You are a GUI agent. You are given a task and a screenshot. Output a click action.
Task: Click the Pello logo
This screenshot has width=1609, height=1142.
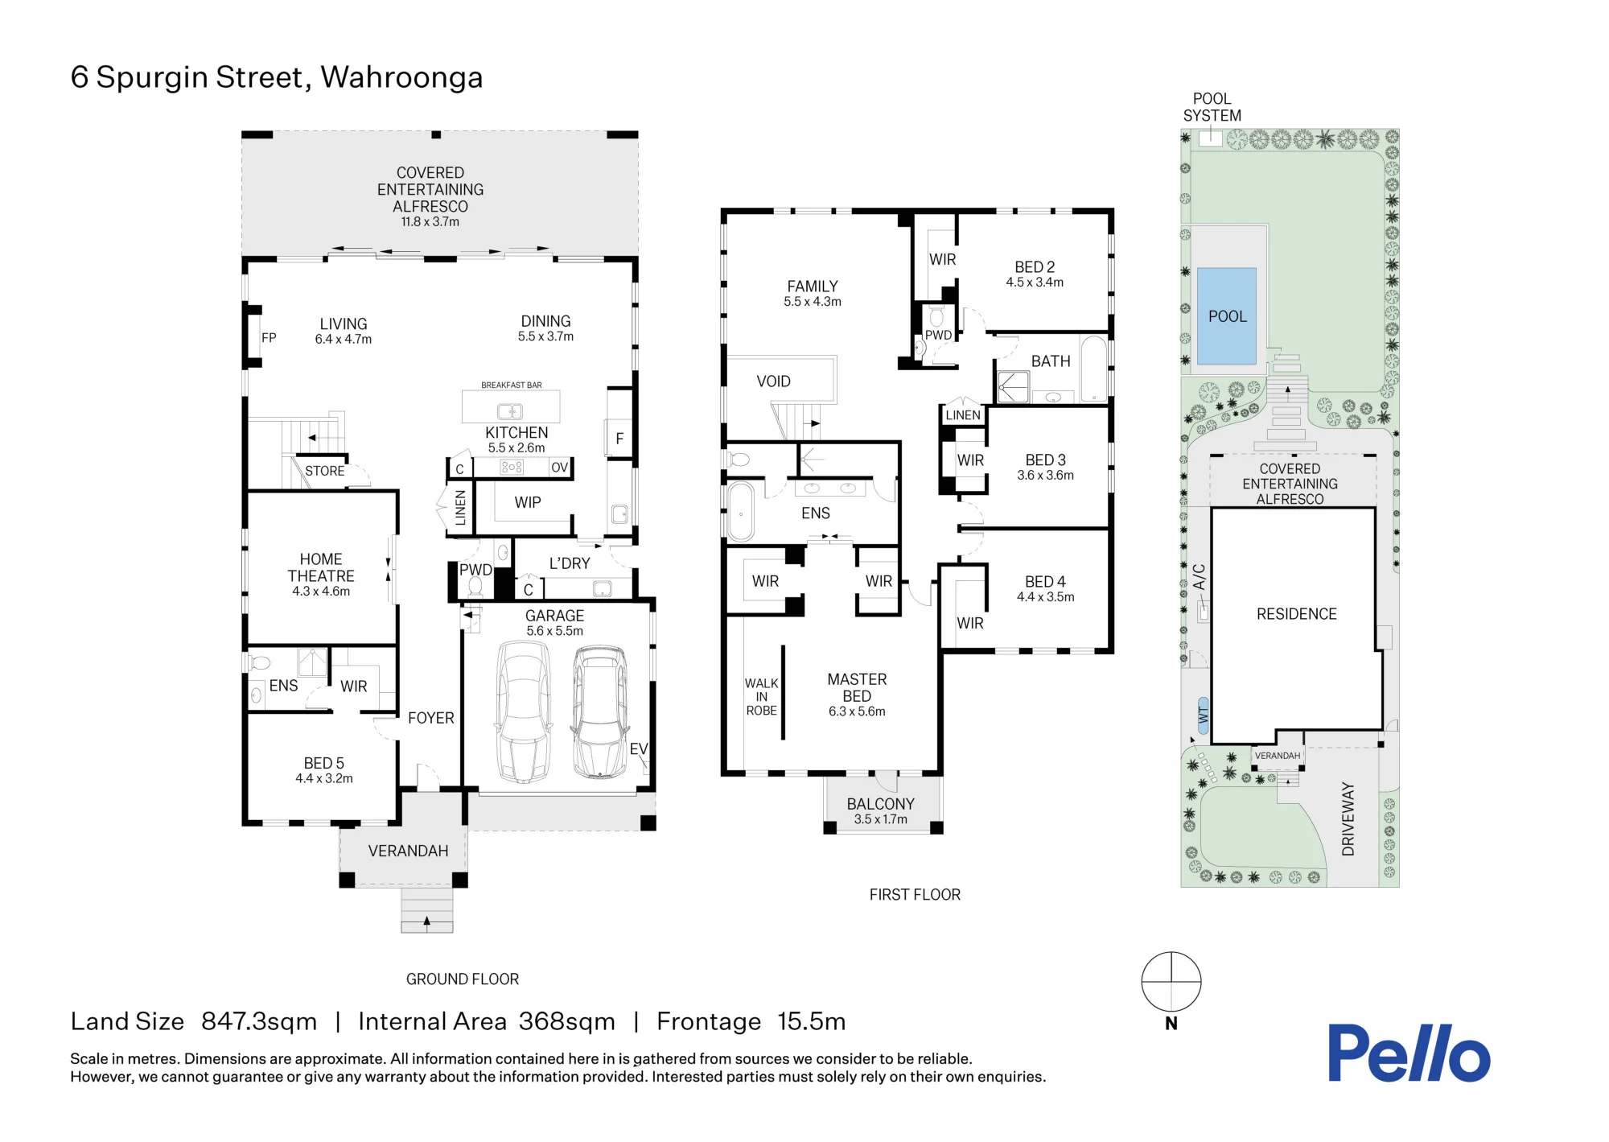coord(1409,1053)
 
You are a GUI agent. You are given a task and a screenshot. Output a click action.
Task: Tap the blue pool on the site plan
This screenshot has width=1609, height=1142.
coord(1227,316)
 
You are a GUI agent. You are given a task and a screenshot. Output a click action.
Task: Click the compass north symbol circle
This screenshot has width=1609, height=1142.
coord(1171,982)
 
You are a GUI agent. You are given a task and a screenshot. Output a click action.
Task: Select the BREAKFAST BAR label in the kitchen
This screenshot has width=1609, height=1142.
coord(512,385)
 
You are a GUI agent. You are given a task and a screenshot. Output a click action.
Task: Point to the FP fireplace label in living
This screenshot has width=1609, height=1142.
coord(269,338)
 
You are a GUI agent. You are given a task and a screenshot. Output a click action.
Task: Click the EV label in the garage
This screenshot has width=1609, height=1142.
coord(639,749)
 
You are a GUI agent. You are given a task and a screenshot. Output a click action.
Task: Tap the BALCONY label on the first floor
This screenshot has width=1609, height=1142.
coord(881,804)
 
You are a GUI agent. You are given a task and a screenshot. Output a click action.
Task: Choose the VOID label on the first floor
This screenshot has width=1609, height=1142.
coord(774,381)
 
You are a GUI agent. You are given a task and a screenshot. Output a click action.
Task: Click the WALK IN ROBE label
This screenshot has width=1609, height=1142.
coord(761,697)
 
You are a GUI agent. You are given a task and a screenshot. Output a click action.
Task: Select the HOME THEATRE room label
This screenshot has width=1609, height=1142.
coord(321,567)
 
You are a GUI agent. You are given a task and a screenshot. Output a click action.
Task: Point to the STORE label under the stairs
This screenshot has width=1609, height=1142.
coord(324,471)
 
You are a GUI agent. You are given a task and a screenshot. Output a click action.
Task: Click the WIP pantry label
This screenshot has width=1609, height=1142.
coord(528,502)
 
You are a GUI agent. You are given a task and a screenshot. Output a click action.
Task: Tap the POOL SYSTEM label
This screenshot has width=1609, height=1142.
coord(1212,107)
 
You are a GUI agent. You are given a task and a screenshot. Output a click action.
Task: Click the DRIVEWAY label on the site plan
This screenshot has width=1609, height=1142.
coord(1348,818)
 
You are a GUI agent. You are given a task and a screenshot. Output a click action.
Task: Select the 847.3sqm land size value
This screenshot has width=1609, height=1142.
coord(259,1021)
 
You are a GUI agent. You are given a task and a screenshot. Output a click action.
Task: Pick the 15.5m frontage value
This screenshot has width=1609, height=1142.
coord(812,1021)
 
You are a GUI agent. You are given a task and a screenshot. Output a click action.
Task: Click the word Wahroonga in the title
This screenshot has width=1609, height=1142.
coord(401,78)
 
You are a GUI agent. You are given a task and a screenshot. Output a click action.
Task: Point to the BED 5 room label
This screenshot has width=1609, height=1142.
coord(324,763)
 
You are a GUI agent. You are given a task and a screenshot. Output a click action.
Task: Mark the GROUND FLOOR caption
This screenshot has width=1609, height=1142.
coord(463,979)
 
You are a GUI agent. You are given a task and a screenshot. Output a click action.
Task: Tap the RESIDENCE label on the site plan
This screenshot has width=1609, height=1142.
coord(1297,614)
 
